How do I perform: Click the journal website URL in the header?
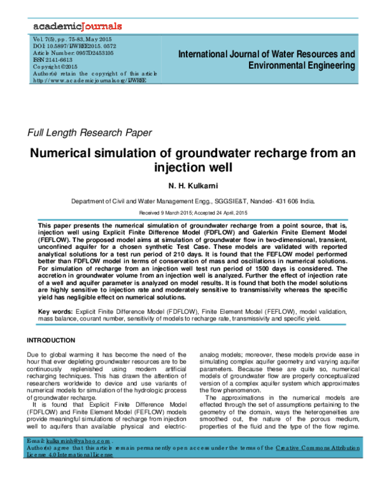click(x=89, y=80)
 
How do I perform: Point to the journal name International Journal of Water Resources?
click(x=265, y=54)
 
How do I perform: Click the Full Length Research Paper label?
click(x=89, y=133)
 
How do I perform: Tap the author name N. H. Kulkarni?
click(x=190, y=188)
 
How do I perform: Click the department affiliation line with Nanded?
click(x=190, y=201)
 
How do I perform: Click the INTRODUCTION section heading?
click(x=54, y=340)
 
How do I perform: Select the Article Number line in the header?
click(x=69, y=53)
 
